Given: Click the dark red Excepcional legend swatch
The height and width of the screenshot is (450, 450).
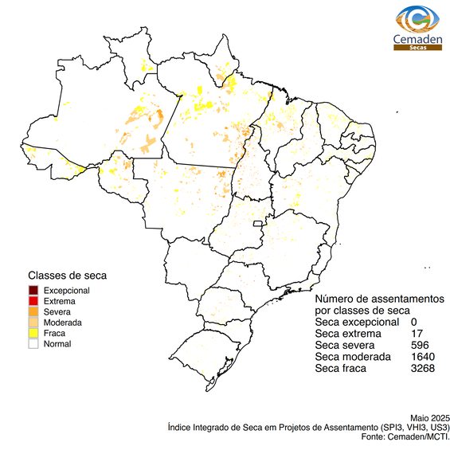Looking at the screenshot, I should tap(33, 291).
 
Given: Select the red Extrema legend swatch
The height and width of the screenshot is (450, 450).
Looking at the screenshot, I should tap(33, 302).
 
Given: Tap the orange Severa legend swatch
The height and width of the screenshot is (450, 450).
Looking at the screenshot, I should tap(33, 312).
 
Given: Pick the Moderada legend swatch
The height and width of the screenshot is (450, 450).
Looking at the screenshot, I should tap(33, 323).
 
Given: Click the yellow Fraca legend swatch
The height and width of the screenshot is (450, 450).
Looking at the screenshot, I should tap(33, 334).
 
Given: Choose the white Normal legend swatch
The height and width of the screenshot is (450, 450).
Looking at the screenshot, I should tap(33, 345).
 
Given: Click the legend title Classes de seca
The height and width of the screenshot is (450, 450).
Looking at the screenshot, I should tap(67, 276).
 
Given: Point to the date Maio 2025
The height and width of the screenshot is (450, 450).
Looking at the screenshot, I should tap(430, 418).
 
